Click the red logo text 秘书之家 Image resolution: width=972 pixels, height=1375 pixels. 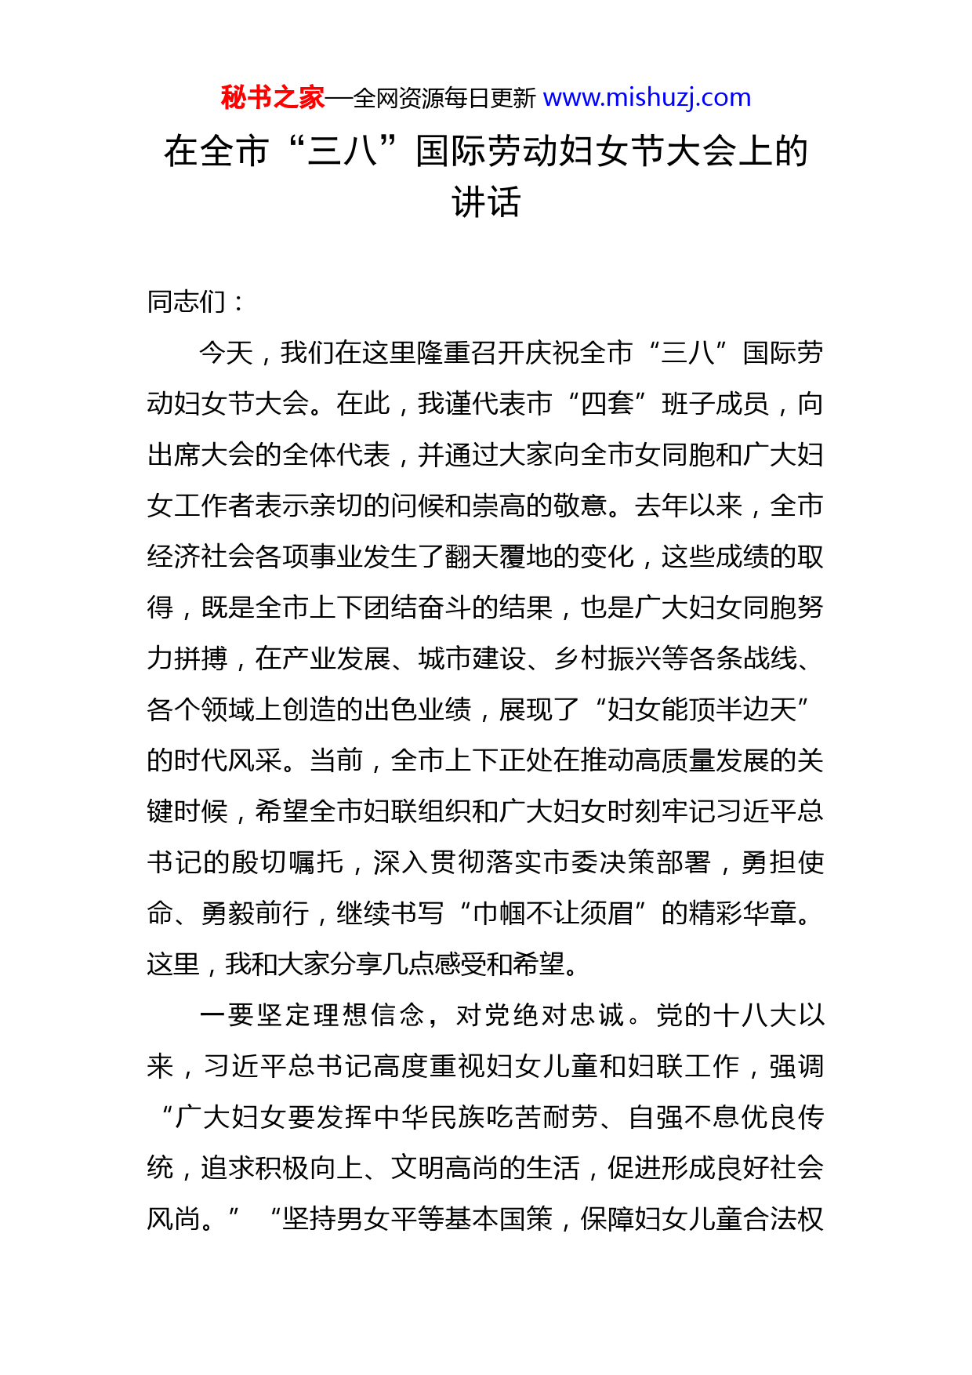272,98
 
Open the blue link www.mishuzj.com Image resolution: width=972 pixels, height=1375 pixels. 647,98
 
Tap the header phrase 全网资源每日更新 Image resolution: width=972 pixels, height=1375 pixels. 444,99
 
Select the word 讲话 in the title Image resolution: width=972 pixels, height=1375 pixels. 486,202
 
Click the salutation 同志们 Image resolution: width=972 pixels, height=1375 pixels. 187,302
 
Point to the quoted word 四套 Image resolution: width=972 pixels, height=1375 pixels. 607,404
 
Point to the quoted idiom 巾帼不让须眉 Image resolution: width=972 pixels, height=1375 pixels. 553,913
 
